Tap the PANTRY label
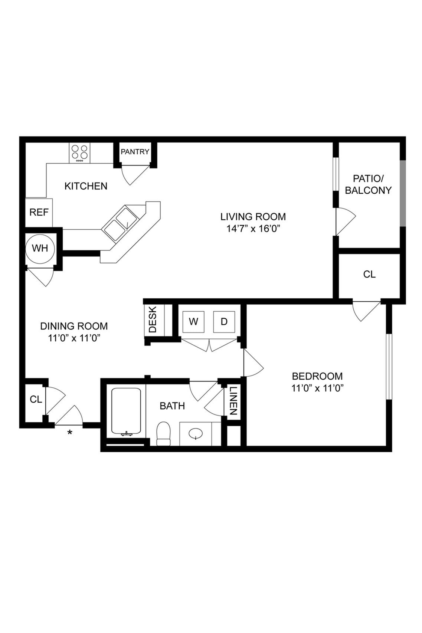[135, 152]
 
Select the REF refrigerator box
[39, 212]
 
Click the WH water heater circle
[40, 248]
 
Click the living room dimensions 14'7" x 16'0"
[253, 229]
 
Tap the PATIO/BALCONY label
[368, 184]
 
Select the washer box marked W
[193, 322]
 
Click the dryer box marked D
[224, 322]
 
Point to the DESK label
[153, 319]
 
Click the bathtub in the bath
[126, 411]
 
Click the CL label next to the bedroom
[369, 274]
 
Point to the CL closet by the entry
[36, 400]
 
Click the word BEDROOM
[317, 376]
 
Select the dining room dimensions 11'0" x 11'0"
[74, 338]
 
